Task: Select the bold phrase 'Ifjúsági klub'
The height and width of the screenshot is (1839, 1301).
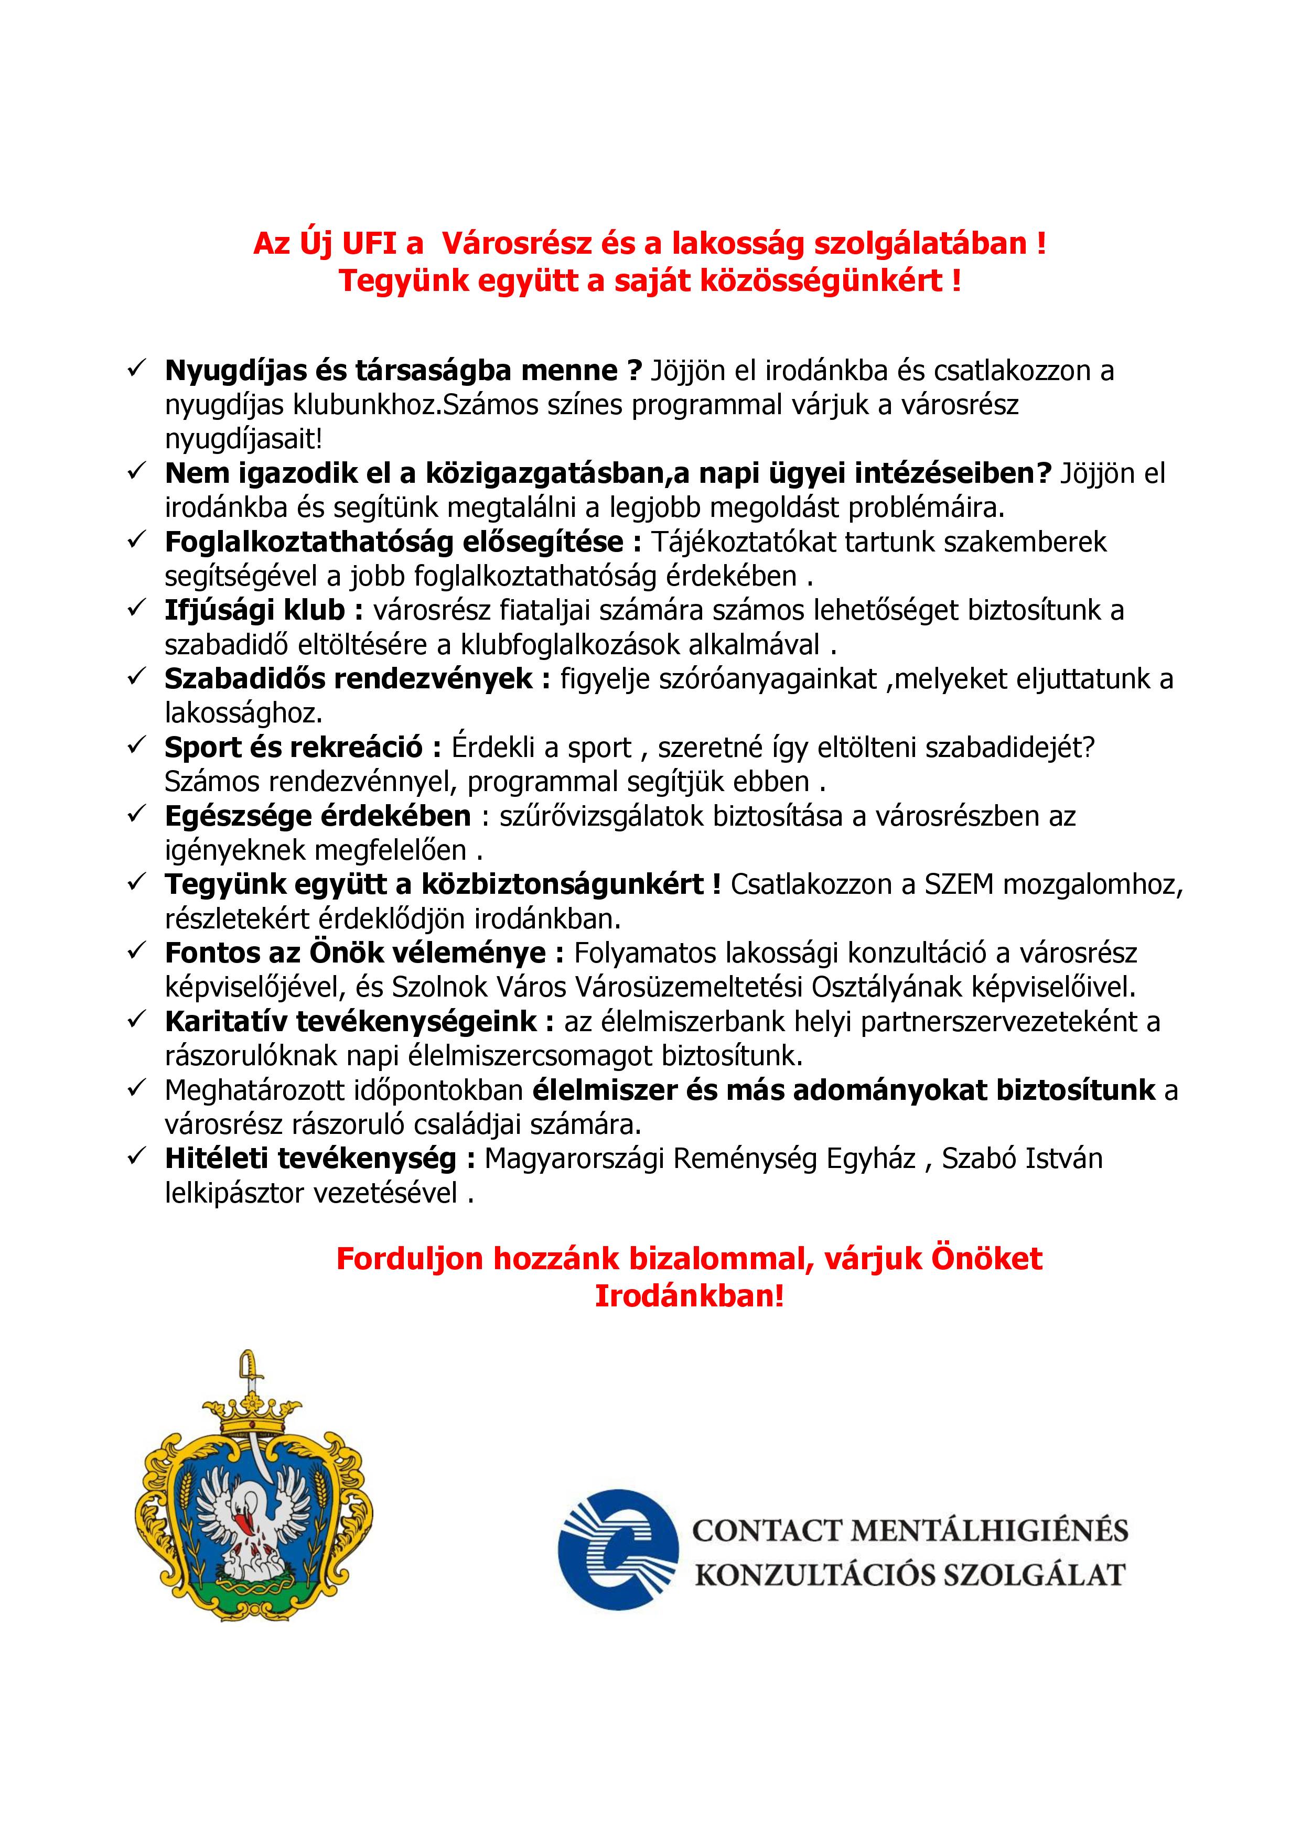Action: tap(255, 610)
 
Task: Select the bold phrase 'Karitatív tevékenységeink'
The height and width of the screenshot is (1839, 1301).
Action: tap(351, 1021)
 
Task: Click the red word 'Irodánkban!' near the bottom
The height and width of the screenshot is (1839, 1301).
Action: tap(689, 1296)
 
